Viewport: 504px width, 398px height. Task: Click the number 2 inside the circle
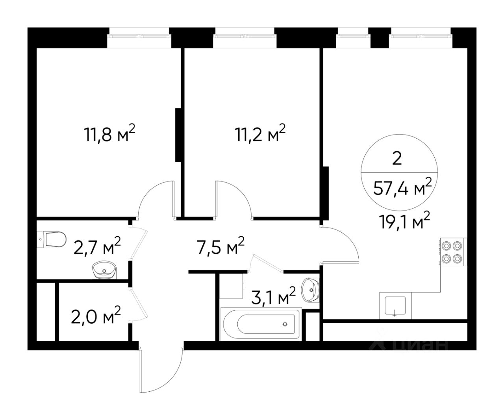click(397, 159)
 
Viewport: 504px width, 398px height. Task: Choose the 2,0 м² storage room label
click(96, 315)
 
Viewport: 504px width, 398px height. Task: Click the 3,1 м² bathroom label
click(273, 296)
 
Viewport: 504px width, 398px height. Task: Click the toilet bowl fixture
click(52, 239)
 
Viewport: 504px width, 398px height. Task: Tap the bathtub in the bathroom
click(261, 324)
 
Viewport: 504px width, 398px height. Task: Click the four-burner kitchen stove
click(454, 252)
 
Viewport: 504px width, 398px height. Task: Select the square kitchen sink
click(396, 306)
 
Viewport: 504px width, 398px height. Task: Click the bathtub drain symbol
click(285, 324)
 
